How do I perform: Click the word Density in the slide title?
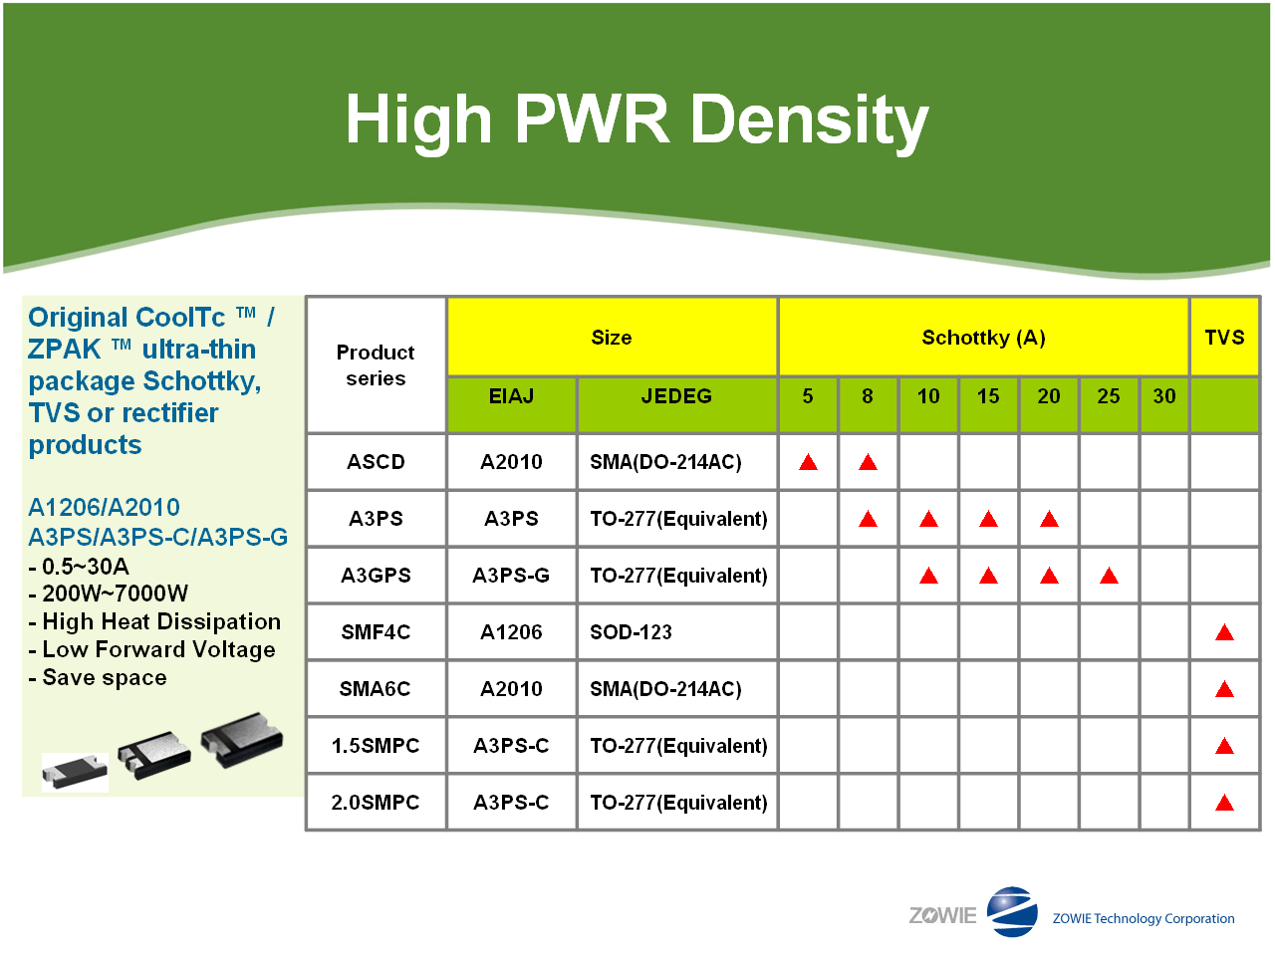click(x=810, y=120)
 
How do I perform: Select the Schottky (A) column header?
click(x=983, y=338)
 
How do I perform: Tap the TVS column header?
click(x=1224, y=338)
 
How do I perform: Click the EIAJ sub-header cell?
click(x=511, y=396)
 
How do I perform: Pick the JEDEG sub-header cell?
click(x=676, y=396)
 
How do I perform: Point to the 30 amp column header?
click(x=1164, y=396)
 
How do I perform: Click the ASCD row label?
click(x=376, y=462)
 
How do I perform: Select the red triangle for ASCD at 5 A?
click(x=808, y=462)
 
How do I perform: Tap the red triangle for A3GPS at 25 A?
click(x=1109, y=576)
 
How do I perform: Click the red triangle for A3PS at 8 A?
click(x=868, y=519)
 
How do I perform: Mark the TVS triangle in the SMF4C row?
click(x=1224, y=632)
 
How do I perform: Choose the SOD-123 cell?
click(x=631, y=632)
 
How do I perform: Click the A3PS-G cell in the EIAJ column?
click(x=511, y=576)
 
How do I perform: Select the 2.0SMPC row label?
click(x=376, y=803)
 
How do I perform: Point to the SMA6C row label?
click(x=376, y=689)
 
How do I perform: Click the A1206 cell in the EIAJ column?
click(x=511, y=632)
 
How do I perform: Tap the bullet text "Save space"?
click(x=105, y=677)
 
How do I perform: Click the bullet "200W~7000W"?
click(x=115, y=594)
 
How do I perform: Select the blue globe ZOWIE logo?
click(x=1012, y=911)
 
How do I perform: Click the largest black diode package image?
click(x=242, y=739)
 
